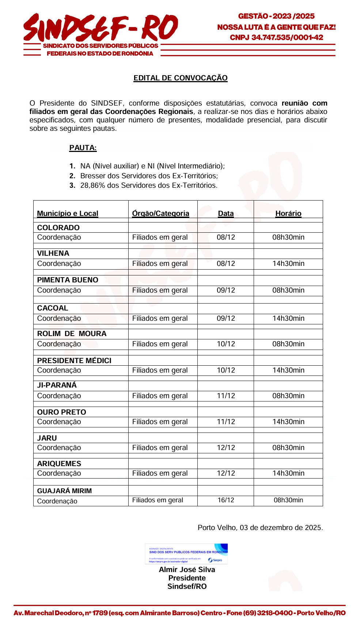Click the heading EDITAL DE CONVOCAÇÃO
(x=181, y=78)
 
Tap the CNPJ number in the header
(x=287, y=38)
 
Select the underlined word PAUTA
(x=83, y=148)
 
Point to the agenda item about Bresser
(x=149, y=176)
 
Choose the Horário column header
(x=288, y=213)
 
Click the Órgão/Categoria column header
(x=161, y=213)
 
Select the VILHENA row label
(x=53, y=253)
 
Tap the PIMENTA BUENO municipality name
(x=68, y=280)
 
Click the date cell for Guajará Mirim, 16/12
(x=226, y=500)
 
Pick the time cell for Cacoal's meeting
(x=288, y=318)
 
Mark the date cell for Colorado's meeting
(x=226, y=237)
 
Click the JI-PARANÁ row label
(x=57, y=385)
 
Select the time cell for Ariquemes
(x=288, y=473)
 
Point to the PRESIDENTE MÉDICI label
(x=74, y=361)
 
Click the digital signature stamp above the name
(x=186, y=554)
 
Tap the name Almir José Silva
(x=187, y=569)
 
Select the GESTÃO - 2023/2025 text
(x=276, y=16)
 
